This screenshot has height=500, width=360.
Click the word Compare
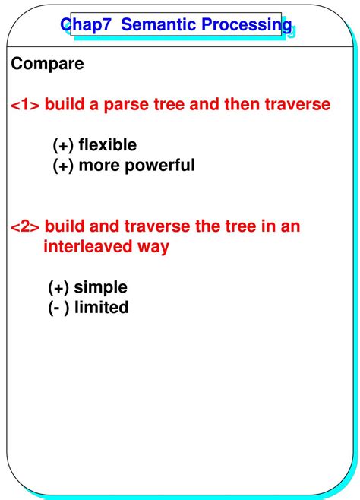pos(47,64)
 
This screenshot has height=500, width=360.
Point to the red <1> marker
pos(26,104)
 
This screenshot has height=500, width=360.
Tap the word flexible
pos(108,144)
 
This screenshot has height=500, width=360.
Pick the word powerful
pos(162,165)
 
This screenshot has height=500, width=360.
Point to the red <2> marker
pos(26,226)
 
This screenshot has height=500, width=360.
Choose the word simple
pos(101,287)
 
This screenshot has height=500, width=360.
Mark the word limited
pos(102,308)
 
